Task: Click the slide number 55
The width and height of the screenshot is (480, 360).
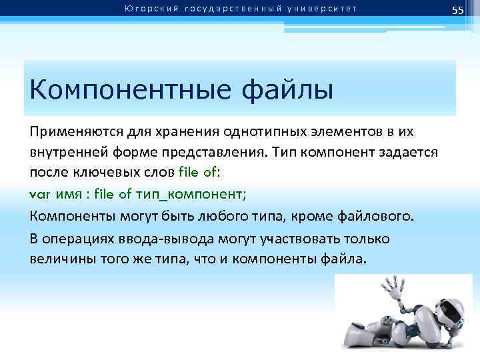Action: pos(457,9)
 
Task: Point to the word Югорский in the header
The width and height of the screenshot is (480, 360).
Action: pos(145,8)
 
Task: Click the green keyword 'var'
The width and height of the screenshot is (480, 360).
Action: pos(41,194)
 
